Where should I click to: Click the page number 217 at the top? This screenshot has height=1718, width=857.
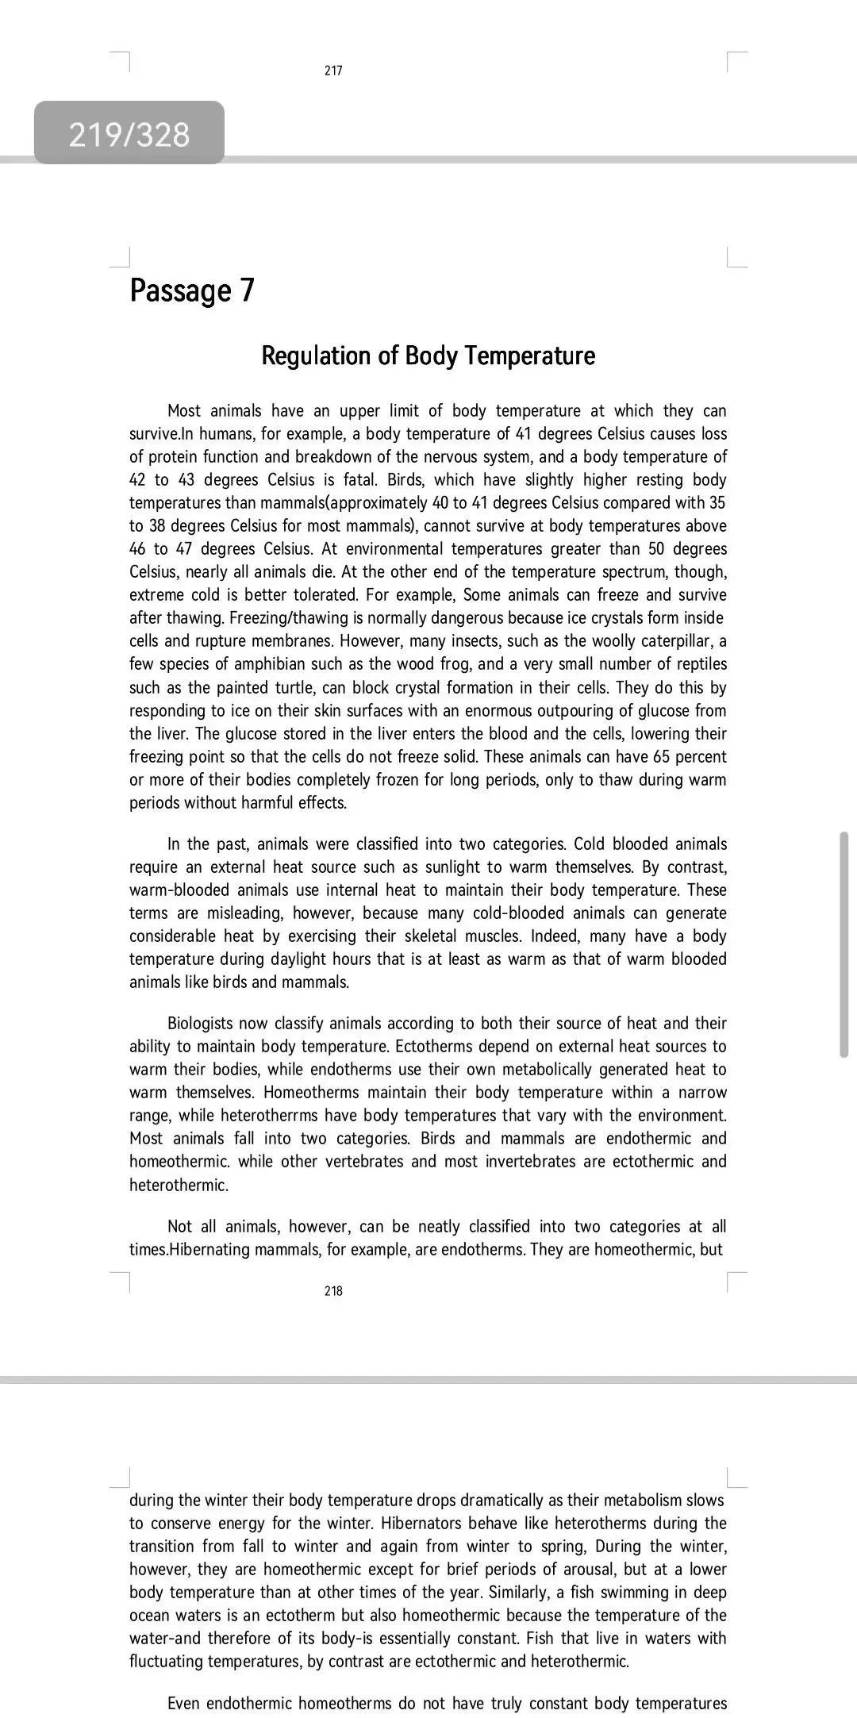[333, 71]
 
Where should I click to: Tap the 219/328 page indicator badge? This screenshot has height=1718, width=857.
[129, 133]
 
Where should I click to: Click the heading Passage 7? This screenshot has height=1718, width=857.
[192, 290]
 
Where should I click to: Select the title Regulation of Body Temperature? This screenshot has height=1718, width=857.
[428, 356]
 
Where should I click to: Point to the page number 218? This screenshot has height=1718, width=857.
[333, 1291]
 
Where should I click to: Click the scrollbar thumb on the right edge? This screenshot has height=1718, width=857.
[844, 944]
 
